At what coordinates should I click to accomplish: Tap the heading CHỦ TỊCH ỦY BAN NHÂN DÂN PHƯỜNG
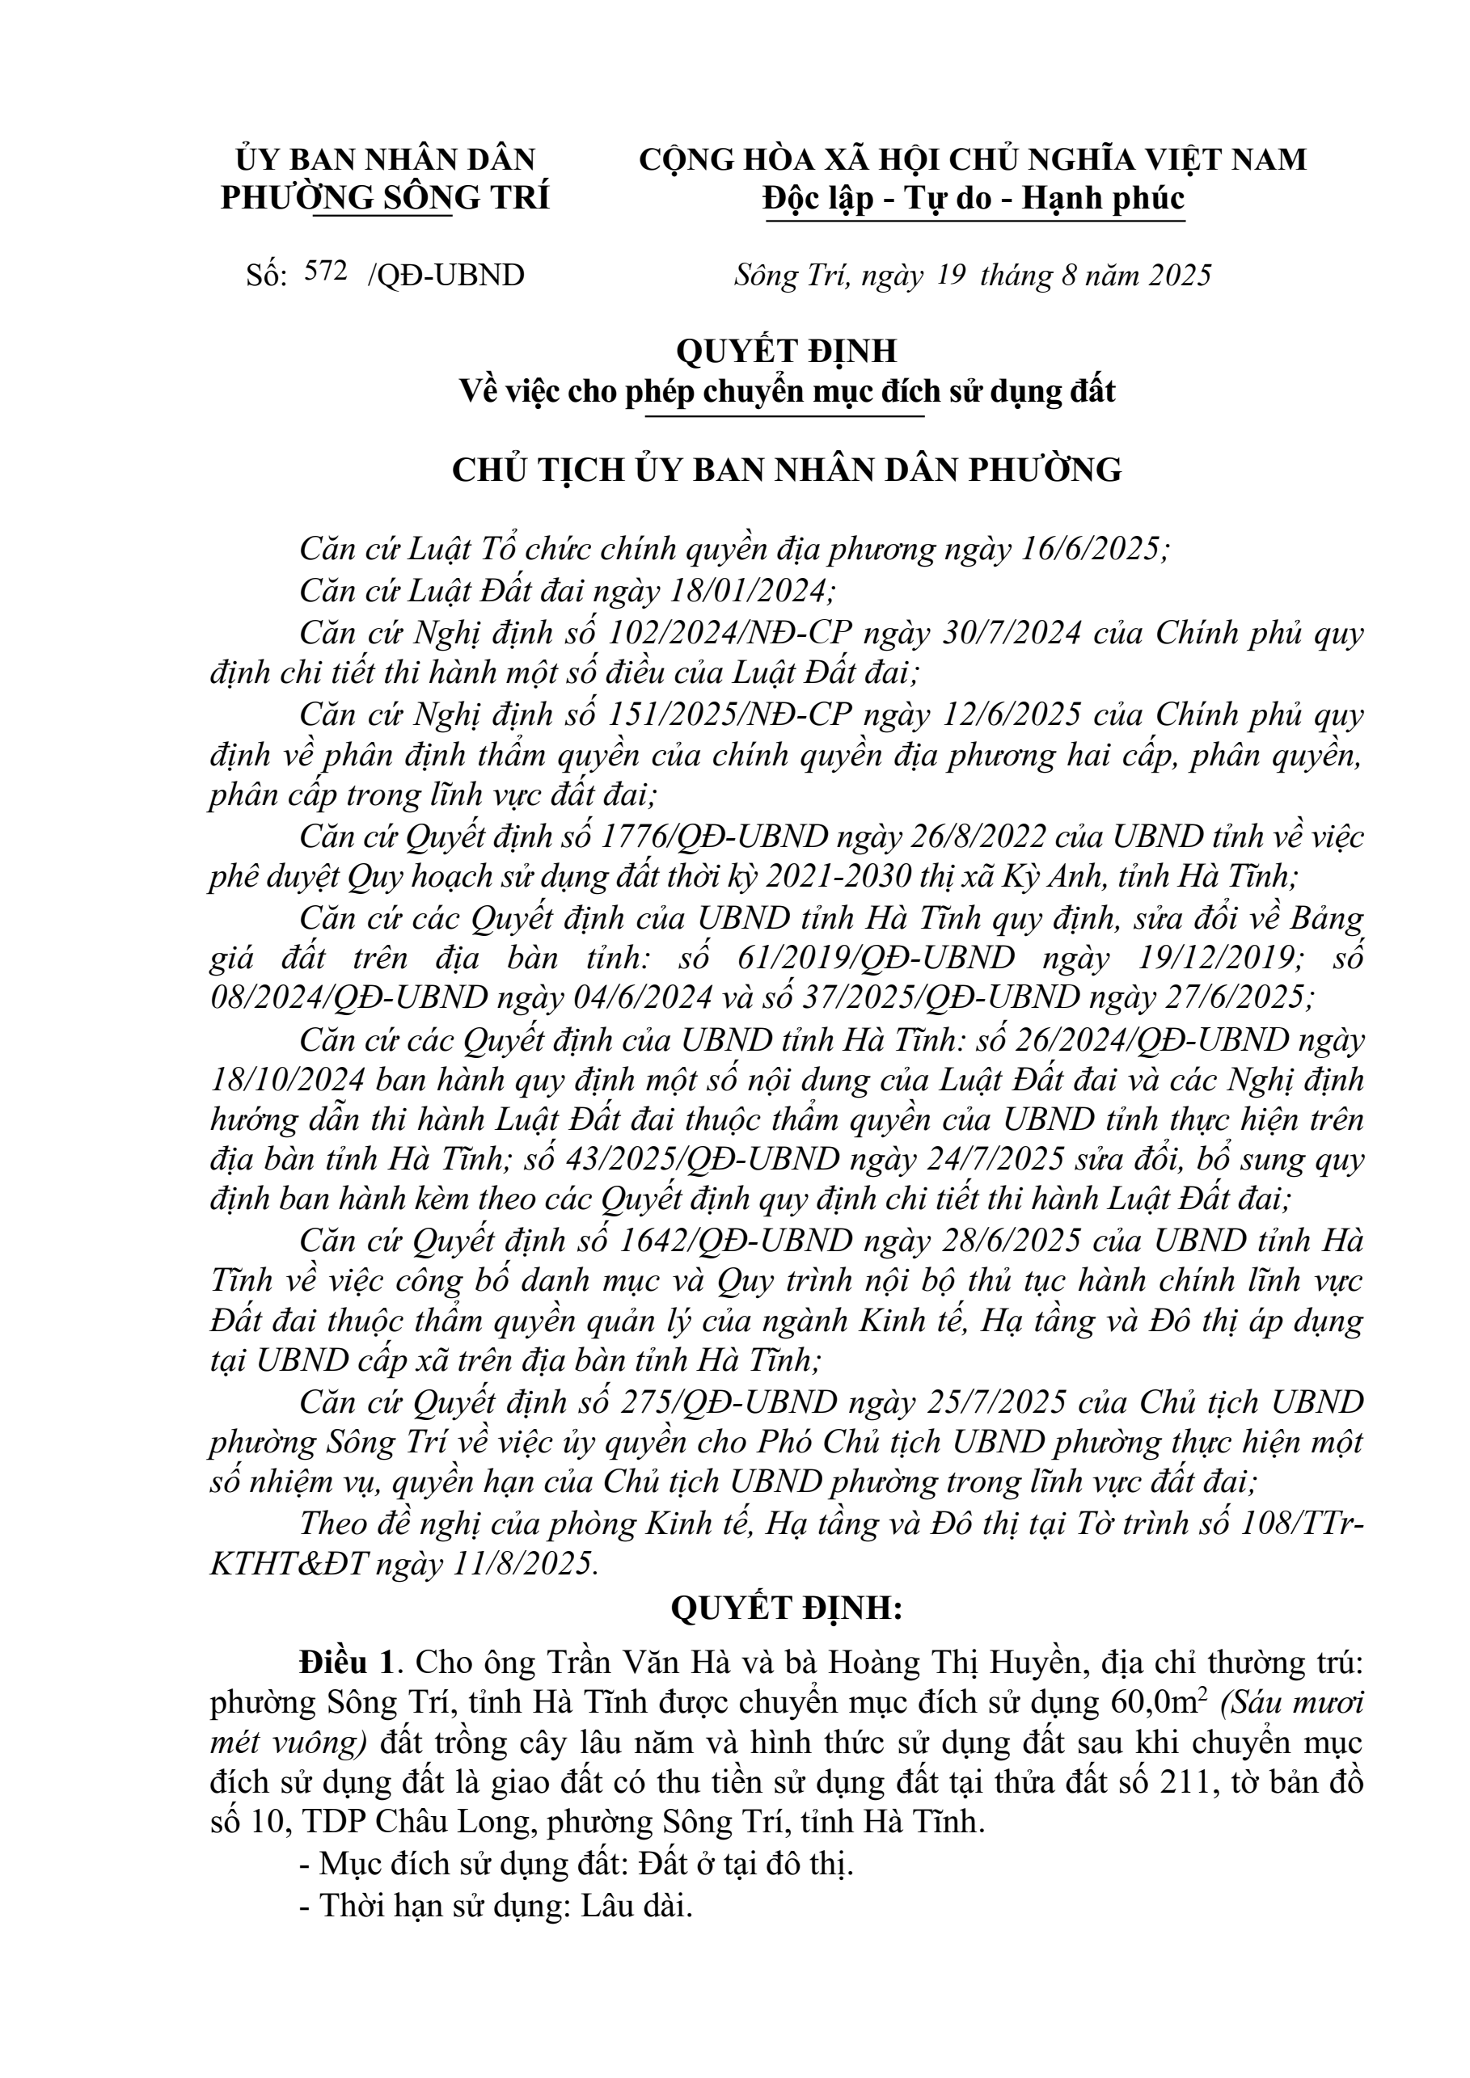(x=787, y=470)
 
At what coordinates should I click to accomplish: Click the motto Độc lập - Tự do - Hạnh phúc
(x=973, y=198)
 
